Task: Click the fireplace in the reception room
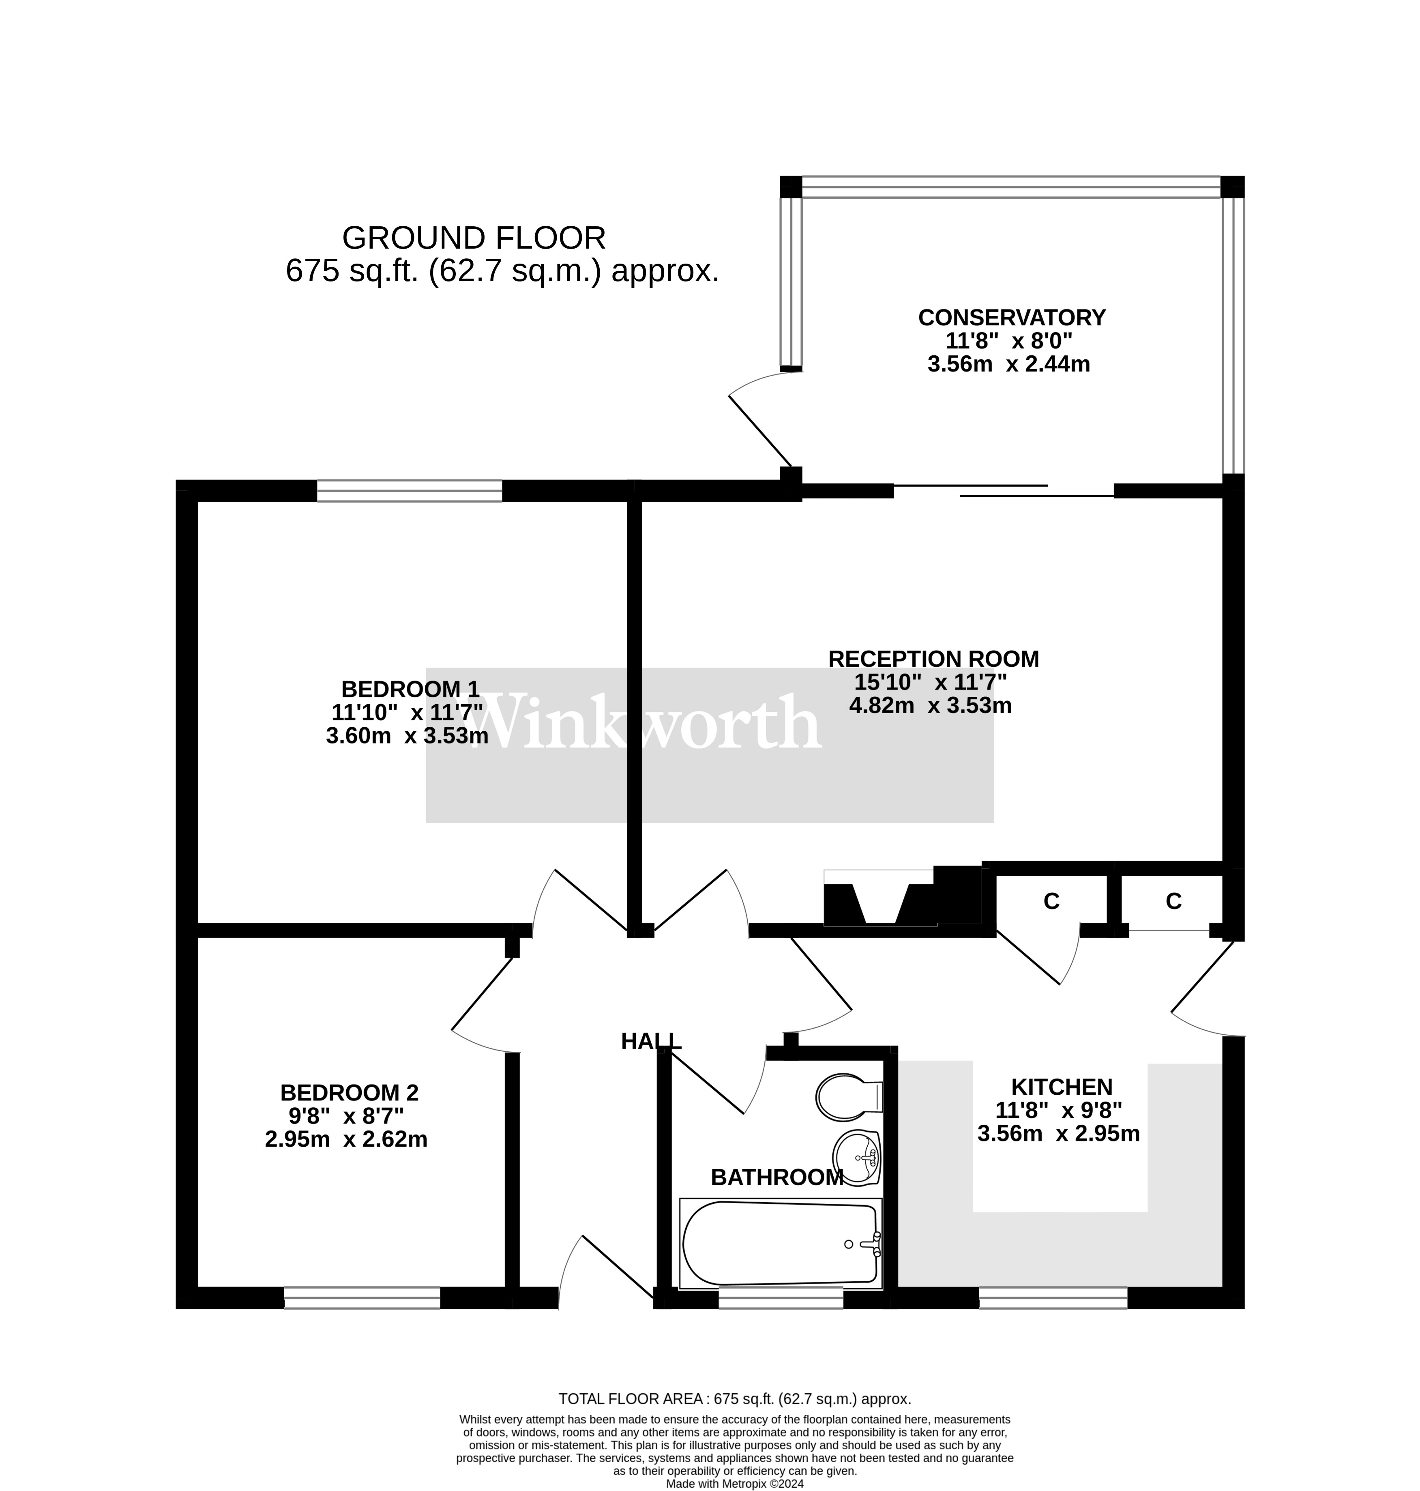pos(880,899)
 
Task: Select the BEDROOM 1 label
pos(410,689)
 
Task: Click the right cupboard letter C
pos(1173,901)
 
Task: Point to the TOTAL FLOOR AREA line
pos(734,1399)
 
